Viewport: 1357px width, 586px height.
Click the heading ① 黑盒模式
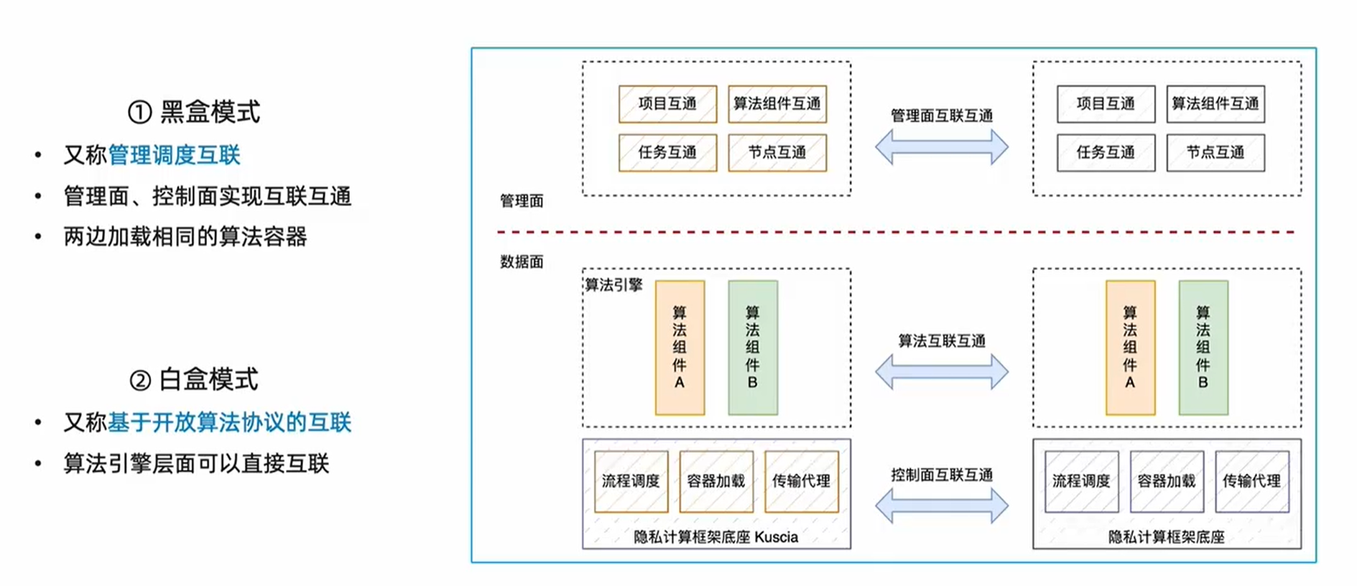coord(194,112)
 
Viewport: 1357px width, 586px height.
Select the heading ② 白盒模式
coord(194,379)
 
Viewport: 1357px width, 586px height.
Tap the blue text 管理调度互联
coord(174,155)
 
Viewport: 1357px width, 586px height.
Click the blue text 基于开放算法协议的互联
coord(229,422)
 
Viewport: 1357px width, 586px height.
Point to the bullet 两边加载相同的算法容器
coord(185,236)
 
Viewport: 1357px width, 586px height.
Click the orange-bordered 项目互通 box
coord(667,103)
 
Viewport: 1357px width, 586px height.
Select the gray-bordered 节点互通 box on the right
coord(1215,152)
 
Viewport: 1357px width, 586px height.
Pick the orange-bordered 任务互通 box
coord(667,152)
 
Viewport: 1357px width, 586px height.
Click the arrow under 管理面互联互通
coord(941,147)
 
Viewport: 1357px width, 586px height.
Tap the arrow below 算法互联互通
coord(941,372)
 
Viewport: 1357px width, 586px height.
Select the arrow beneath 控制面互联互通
coord(941,506)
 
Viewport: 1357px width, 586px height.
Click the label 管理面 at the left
coord(522,201)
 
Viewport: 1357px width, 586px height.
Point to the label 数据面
coord(522,262)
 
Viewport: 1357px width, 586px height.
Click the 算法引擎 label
coord(613,285)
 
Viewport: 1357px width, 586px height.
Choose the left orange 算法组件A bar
coord(680,348)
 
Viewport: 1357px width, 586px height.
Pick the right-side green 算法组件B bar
coord(1203,348)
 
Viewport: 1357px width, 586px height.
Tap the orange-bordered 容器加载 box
coord(716,481)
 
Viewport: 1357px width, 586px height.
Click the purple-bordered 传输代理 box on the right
coord(1251,481)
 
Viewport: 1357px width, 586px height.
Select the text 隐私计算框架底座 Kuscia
coord(715,537)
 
